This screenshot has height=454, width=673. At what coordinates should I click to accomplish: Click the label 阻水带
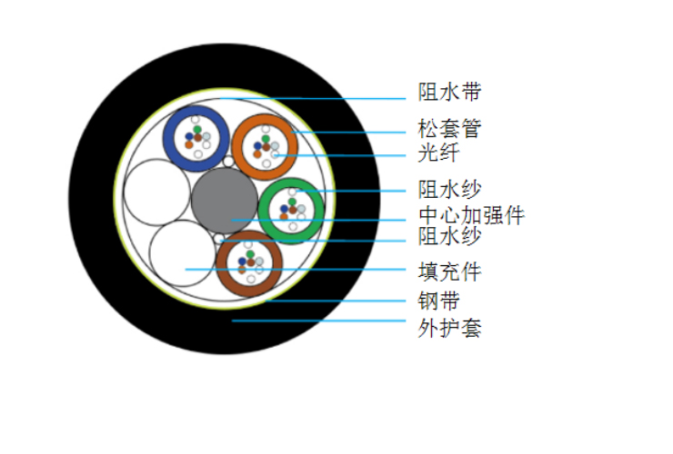coord(450,92)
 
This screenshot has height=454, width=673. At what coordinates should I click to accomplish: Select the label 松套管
coord(450,128)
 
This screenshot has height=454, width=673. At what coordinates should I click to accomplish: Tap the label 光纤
coord(438,153)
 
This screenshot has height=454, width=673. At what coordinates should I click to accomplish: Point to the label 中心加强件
coord(471,215)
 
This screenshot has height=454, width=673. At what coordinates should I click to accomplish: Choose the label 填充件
coord(450,271)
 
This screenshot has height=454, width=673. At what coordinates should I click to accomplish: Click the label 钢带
coord(438,301)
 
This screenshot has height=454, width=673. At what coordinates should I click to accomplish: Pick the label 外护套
coord(450,329)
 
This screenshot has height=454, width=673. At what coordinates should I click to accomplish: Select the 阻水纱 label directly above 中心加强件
coord(450,189)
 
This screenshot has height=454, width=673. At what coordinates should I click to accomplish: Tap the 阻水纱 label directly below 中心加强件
coord(450,236)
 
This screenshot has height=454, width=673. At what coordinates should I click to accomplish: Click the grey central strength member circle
coord(225,200)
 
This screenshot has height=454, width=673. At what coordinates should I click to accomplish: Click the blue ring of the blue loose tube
coord(168,138)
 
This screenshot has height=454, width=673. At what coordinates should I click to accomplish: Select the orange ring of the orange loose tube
coord(237,147)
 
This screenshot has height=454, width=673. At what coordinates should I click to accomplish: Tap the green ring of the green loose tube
coord(264,211)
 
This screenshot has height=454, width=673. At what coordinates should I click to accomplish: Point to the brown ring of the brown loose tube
coord(222,264)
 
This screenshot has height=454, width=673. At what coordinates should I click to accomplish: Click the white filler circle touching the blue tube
coord(156,192)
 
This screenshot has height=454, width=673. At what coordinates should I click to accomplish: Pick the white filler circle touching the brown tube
coord(183,253)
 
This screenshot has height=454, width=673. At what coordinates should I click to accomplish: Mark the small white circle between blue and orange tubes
coord(228,162)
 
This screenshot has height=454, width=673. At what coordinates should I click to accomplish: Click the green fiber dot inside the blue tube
coord(197,130)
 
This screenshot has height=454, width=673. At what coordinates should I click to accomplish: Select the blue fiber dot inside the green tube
coord(284,209)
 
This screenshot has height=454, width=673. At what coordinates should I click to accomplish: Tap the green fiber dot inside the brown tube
coord(250,254)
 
